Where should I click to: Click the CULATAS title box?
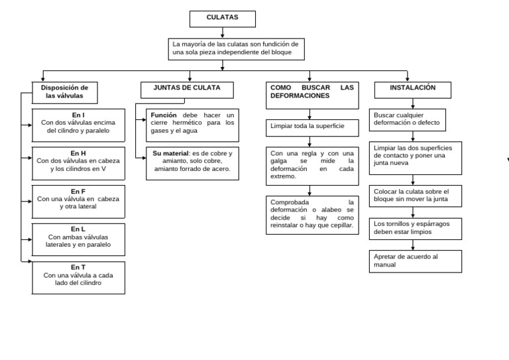(x=223, y=19)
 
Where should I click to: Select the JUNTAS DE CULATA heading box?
(x=187, y=90)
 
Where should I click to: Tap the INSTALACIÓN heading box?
(x=413, y=90)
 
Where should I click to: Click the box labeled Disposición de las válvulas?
(x=64, y=93)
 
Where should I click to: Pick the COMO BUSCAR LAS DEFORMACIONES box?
(x=312, y=95)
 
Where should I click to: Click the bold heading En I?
(x=78, y=115)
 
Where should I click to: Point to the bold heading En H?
(x=78, y=153)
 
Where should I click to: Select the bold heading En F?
(x=78, y=192)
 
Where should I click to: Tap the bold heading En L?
(x=78, y=229)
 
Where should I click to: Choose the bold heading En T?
(x=78, y=267)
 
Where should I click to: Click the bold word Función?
(x=164, y=115)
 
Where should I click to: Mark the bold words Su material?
(x=170, y=153)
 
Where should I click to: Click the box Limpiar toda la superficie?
(x=312, y=128)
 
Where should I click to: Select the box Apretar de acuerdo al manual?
(x=415, y=261)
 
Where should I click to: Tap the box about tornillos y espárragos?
(x=415, y=229)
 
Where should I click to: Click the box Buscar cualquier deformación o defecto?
(x=408, y=120)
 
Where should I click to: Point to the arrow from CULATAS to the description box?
(x=223, y=32)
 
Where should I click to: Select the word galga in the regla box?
(x=278, y=161)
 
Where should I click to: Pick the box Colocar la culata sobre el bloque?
(x=415, y=196)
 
